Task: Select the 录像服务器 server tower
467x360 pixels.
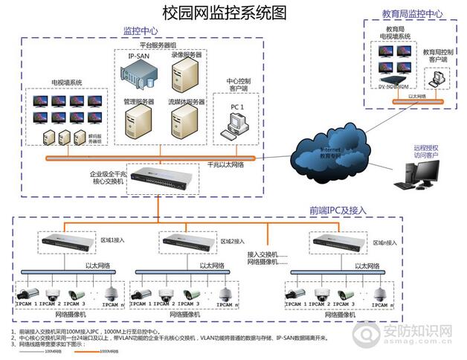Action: (x=186, y=74)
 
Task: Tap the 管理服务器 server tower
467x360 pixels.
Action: (x=139, y=118)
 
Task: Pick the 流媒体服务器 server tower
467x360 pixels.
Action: (x=185, y=119)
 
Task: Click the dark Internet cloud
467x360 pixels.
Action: (x=328, y=149)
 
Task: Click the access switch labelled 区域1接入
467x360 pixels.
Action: (x=66, y=241)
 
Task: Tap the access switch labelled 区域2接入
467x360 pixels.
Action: (x=187, y=241)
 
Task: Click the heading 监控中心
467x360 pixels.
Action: (x=140, y=31)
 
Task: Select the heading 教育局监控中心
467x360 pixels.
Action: (x=412, y=13)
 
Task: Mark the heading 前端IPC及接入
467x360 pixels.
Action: (x=338, y=210)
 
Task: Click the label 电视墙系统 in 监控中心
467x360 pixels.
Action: (x=66, y=82)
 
